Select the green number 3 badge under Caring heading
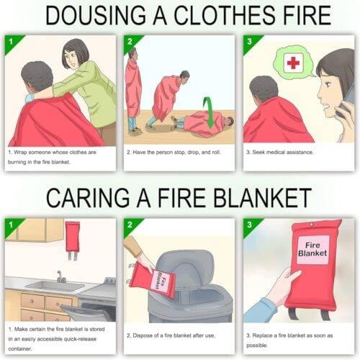[249, 225]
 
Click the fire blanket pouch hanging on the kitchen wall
[73, 237]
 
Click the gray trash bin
[191, 288]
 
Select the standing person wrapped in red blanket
[133, 90]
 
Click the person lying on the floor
[205, 124]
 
